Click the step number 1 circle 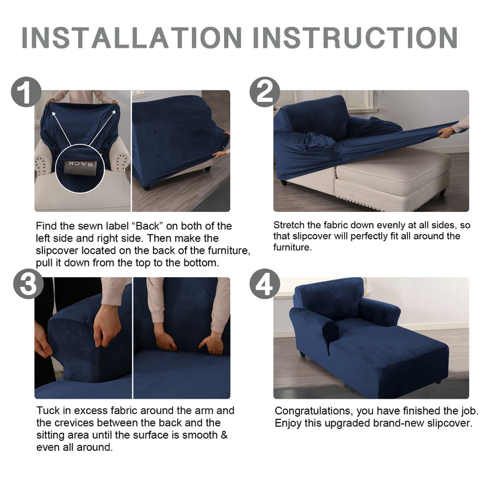coord(26,92)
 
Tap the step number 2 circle coord(264,92)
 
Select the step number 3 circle coord(28,284)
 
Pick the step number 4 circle coord(264,284)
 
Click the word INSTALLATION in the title coord(132,38)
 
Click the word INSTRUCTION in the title coord(355,38)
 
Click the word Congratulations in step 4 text coord(314,411)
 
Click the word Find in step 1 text coord(46,226)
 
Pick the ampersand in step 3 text coord(224,435)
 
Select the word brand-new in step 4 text coord(398,423)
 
